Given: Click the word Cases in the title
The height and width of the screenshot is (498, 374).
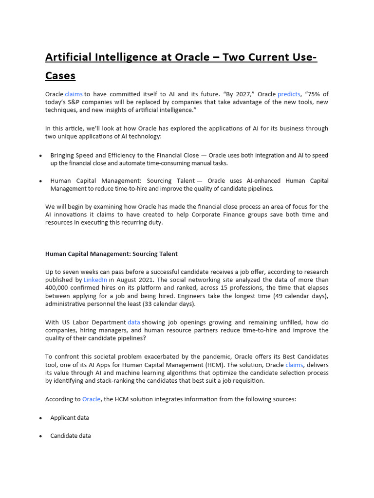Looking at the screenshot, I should coord(60,76).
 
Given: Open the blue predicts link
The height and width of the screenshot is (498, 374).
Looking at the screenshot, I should coord(289,94).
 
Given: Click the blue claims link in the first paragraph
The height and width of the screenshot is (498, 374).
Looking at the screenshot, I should coord(74,94).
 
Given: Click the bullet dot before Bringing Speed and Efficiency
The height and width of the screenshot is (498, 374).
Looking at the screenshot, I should coord(40,156).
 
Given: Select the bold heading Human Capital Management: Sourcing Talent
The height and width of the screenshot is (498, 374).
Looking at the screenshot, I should coord(112,254).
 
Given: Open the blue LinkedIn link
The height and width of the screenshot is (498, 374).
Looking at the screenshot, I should coord(95,280).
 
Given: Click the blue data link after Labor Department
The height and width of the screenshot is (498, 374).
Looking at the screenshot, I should coord(133,322).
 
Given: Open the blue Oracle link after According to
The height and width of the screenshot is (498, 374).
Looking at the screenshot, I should coord(91,399).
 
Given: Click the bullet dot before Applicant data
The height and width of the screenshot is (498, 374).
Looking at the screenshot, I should coord(40,418).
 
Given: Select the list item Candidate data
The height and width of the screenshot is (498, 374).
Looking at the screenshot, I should coord(71,436).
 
